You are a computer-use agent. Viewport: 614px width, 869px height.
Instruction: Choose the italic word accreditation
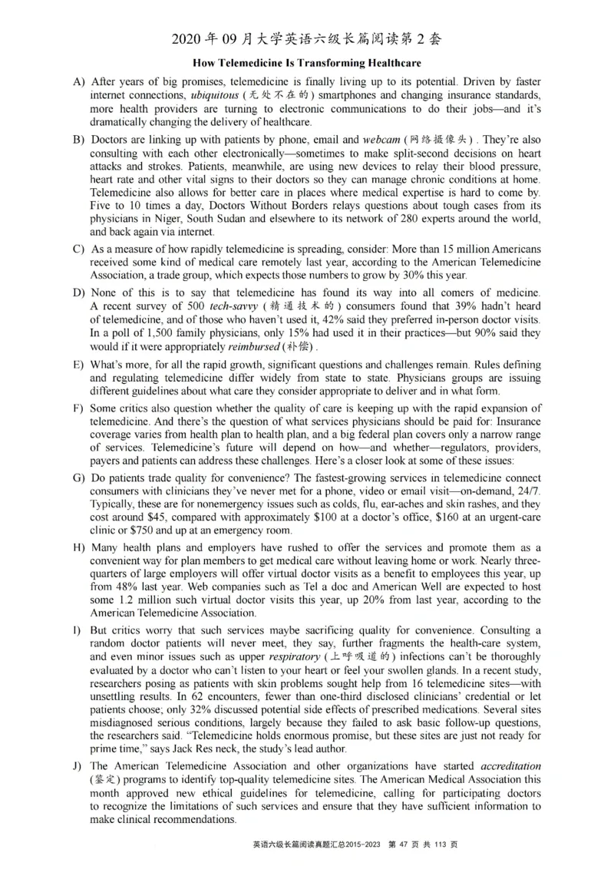click(x=510, y=767)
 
